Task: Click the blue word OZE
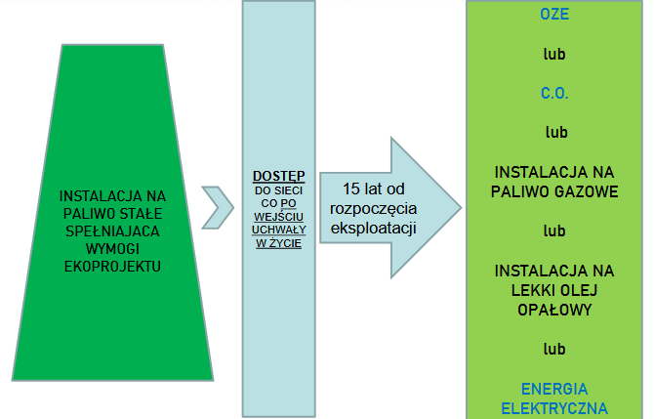click(x=554, y=15)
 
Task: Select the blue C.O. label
click(x=554, y=93)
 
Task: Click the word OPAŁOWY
click(x=554, y=310)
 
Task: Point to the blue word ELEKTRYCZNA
click(x=554, y=408)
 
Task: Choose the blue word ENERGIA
click(x=554, y=389)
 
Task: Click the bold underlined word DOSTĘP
click(x=278, y=176)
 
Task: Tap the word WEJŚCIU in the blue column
click(x=278, y=217)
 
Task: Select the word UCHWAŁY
click(x=278, y=230)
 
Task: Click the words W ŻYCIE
click(x=278, y=243)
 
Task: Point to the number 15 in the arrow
click(x=350, y=189)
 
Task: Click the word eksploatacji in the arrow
click(x=373, y=229)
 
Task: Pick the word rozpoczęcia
click(x=373, y=209)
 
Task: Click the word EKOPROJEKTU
click(x=112, y=267)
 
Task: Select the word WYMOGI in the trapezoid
click(x=112, y=249)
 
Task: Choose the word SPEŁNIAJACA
click(x=112, y=231)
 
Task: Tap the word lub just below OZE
click(x=554, y=54)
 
